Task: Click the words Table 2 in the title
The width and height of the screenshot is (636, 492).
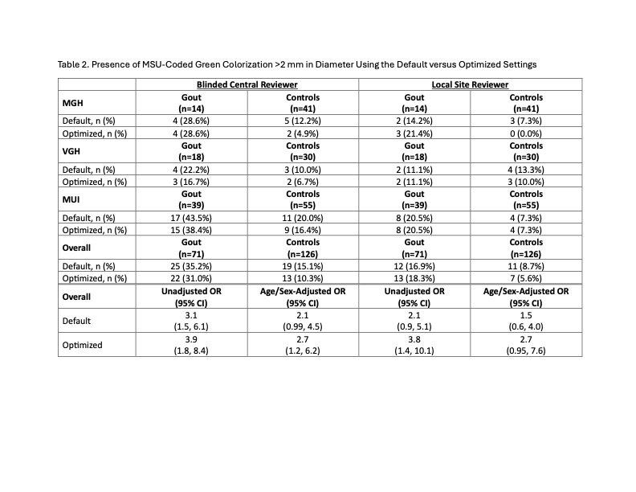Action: [75, 64]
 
